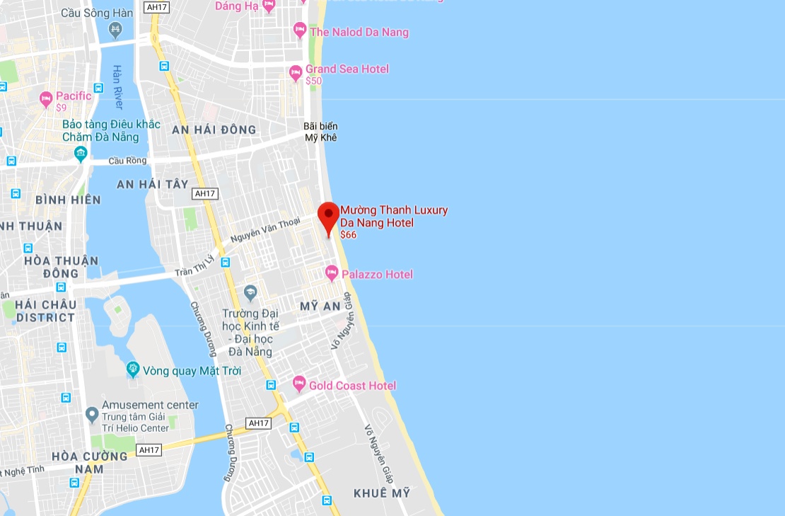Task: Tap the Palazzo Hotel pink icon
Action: [332, 273]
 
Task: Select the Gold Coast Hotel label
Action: [352, 386]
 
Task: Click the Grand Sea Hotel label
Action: [347, 69]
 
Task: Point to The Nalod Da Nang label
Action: [359, 32]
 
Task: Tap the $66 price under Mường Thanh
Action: [348, 235]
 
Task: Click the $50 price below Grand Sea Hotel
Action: [313, 81]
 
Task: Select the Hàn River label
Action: [117, 87]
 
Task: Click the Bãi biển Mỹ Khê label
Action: [320, 132]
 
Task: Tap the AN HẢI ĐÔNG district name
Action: [214, 130]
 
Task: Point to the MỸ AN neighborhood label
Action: [320, 306]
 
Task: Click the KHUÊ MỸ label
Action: [382, 493]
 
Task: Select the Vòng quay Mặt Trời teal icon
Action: [133, 369]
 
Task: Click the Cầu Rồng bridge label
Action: [128, 161]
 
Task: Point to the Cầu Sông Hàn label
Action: [97, 13]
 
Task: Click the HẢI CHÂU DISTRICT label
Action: [46, 311]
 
